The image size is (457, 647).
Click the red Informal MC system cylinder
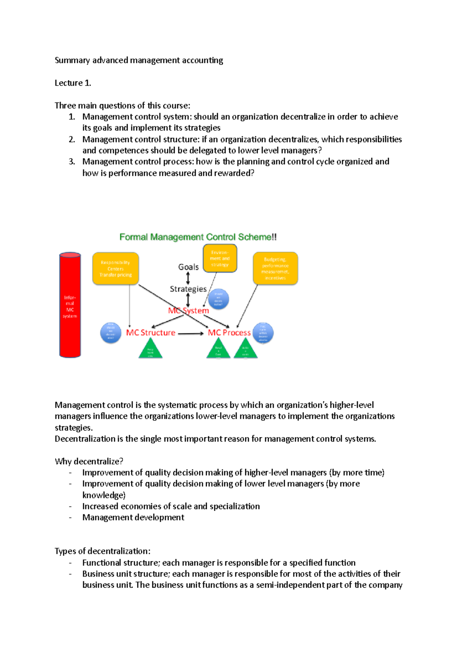[x=70, y=305]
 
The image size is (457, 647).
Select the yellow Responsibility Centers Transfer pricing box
[x=115, y=269]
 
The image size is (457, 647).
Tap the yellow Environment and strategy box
[x=220, y=258]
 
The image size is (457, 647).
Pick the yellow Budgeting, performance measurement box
[x=275, y=268]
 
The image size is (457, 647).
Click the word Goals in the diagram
[x=189, y=267]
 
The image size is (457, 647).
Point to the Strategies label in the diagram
[x=188, y=289]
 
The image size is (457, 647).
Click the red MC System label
[x=189, y=311]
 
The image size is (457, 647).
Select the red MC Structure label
[x=151, y=333]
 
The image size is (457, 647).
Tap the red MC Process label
[x=229, y=333]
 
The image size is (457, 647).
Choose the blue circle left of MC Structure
[x=110, y=333]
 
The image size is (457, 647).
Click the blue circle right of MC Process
[x=263, y=333]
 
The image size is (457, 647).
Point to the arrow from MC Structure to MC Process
[x=191, y=334]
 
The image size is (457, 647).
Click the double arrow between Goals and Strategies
[x=188, y=278]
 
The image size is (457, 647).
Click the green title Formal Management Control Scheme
[x=198, y=237]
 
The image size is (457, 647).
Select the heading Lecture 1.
[x=73, y=83]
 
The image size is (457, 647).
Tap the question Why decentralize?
[x=89, y=461]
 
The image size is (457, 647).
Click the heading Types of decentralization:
[x=102, y=551]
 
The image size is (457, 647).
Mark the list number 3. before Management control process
[x=72, y=162]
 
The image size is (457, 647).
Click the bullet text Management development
[x=133, y=517]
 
